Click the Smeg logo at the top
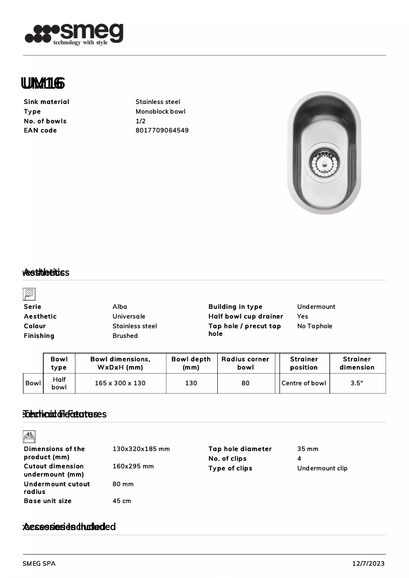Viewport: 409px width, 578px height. pyautogui.click(x=74, y=34)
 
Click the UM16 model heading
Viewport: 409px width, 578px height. pyautogui.click(x=43, y=83)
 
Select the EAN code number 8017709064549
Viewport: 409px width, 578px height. pyautogui.click(x=162, y=130)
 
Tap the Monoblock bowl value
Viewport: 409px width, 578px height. pyautogui.click(x=160, y=112)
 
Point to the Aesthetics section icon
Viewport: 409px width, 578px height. pyautogui.click(x=29, y=294)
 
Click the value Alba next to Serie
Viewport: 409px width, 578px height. pyautogui.click(x=120, y=307)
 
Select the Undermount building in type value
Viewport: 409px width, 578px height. pyautogui.click(x=316, y=307)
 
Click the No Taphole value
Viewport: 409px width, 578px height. pyautogui.click(x=315, y=326)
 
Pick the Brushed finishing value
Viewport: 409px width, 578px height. pyautogui.click(x=125, y=336)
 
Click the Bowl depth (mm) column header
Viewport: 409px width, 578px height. pyautogui.click(x=191, y=363)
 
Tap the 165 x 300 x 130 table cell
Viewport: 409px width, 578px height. pyautogui.click(x=120, y=383)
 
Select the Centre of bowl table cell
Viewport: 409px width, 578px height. pyautogui.click(x=303, y=383)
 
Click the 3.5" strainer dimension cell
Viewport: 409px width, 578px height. pyautogui.click(x=356, y=383)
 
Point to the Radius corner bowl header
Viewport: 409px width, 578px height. pyautogui.click(x=245, y=363)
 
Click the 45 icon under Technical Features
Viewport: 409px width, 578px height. pyautogui.click(x=29, y=436)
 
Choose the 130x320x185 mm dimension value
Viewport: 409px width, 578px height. pyautogui.click(x=141, y=449)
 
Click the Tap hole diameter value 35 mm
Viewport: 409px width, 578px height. pyautogui.click(x=308, y=449)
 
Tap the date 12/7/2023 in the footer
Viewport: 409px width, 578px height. pyautogui.click(x=368, y=564)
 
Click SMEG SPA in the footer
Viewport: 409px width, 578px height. pyautogui.click(x=39, y=564)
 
